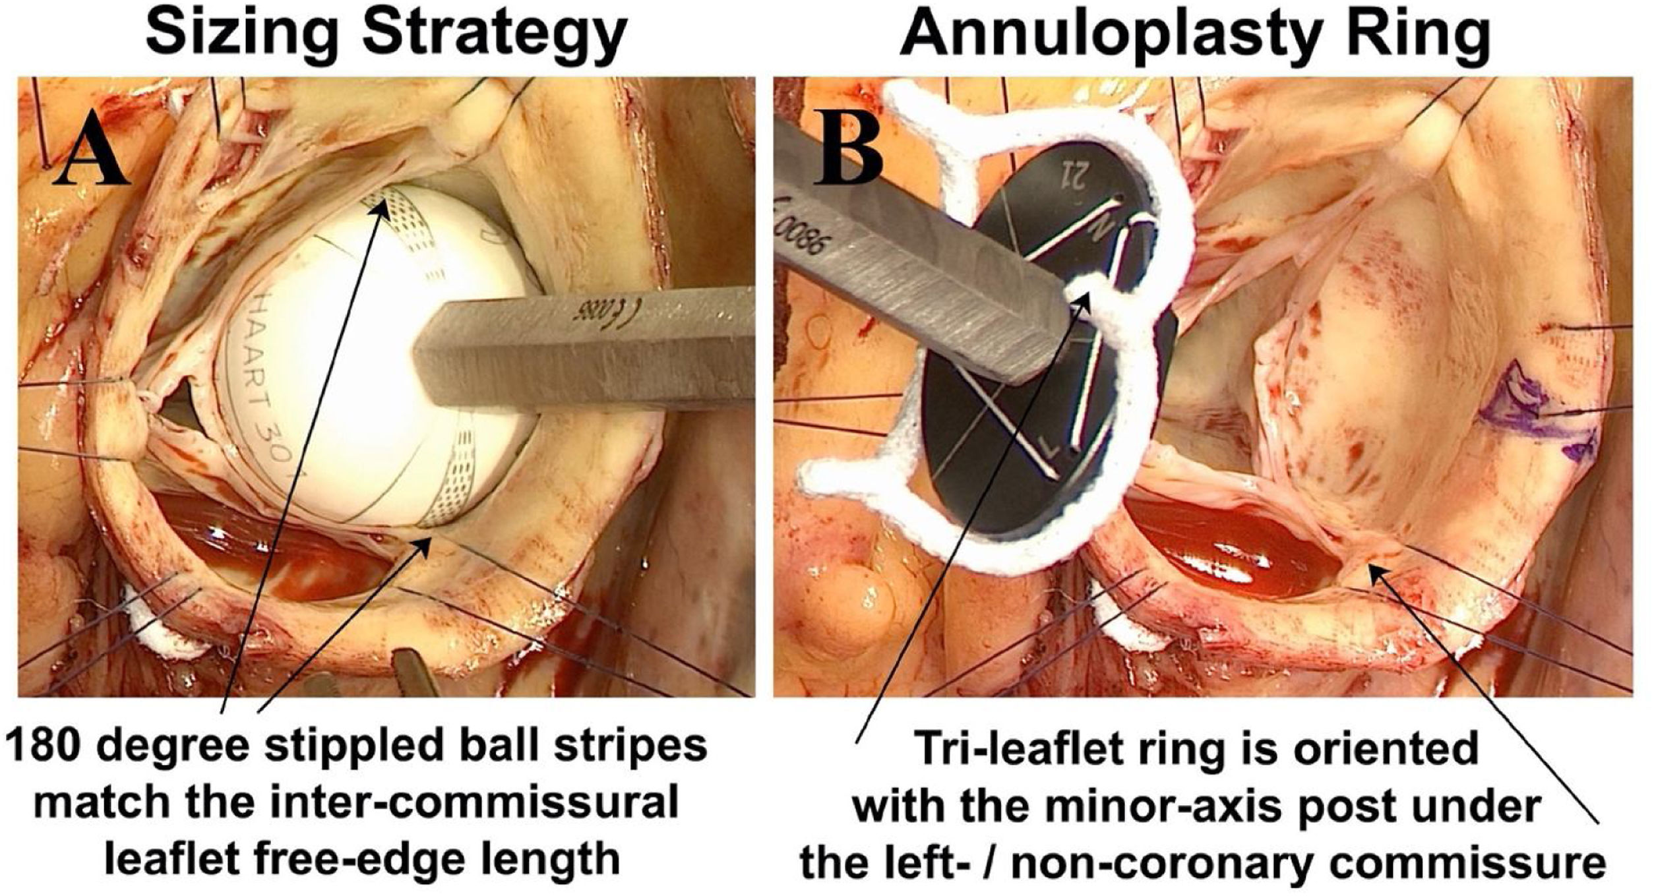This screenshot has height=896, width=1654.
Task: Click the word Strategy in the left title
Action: coord(495,34)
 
